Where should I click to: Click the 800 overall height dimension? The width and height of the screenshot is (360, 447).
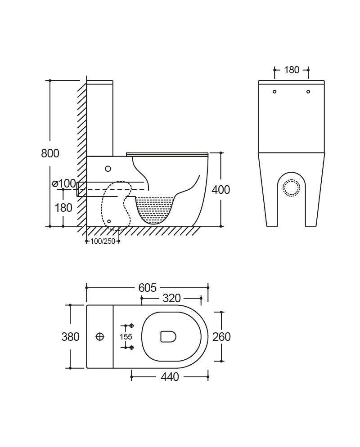[50, 153]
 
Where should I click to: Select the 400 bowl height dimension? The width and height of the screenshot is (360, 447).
[220, 189]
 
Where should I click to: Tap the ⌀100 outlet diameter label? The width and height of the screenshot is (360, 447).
[64, 183]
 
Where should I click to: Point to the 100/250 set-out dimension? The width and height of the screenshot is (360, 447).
[103, 241]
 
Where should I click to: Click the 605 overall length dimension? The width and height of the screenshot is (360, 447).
[147, 288]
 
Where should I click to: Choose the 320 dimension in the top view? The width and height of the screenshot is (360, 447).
[171, 298]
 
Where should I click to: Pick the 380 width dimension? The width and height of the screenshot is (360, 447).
[70, 337]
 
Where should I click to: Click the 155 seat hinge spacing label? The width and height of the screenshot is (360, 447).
[126, 337]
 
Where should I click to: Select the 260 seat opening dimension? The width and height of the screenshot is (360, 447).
[221, 337]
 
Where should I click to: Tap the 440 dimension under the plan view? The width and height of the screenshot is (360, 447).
[170, 377]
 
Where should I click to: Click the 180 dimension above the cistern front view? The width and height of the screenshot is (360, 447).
[291, 70]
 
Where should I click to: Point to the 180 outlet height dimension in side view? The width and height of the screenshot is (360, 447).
[63, 208]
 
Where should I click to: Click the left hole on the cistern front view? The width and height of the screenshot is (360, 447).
[274, 91]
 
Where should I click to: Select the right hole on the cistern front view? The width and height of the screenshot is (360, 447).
[308, 91]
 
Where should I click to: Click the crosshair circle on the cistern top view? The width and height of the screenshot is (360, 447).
[100, 337]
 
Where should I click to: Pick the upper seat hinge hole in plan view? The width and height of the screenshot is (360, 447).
[132, 326]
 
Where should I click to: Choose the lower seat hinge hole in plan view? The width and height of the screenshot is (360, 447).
[132, 347]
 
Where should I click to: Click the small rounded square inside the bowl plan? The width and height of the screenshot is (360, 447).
[168, 336]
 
